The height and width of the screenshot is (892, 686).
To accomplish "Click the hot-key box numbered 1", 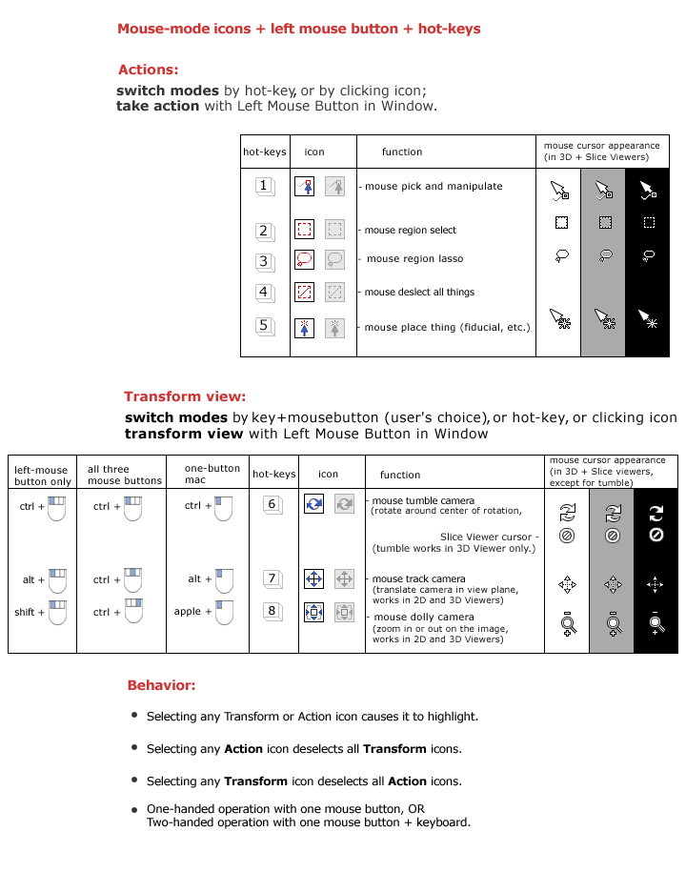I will pyautogui.click(x=264, y=186).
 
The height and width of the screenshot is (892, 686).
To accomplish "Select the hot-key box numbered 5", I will pyautogui.click(x=264, y=326).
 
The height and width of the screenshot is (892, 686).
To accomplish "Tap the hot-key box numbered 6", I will pyautogui.click(x=272, y=505).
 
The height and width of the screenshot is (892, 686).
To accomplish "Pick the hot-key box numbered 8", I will pyautogui.click(x=272, y=611).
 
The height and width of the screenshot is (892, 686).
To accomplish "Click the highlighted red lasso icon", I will pyautogui.click(x=304, y=259).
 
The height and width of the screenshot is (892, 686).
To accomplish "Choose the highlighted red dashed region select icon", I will pyautogui.click(x=304, y=229).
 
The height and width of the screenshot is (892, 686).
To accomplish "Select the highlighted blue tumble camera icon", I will pyautogui.click(x=314, y=503).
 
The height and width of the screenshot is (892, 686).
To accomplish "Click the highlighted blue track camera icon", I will pyautogui.click(x=314, y=578).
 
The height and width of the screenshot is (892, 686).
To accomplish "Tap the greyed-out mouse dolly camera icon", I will pyautogui.click(x=345, y=612).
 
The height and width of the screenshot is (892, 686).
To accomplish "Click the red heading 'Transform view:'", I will pyautogui.click(x=185, y=396).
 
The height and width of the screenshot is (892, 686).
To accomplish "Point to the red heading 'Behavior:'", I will pyautogui.click(x=162, y=685).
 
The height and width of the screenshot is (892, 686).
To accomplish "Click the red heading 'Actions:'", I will pyautogui.click(x=148, y=70).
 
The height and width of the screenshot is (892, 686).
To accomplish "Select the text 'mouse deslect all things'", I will pyautogui.click(x=419, y=293).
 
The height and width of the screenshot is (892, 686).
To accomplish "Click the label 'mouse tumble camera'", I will pyautogui.click(x=423, y=500).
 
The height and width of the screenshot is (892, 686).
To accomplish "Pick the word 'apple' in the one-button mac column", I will pyautogui.click(x=188, y=612).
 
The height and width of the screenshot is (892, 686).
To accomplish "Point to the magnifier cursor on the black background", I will pyautogui.click(x=656, y=623).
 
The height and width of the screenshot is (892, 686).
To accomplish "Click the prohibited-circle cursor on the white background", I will pyautogui.click(x=567, y=536).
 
